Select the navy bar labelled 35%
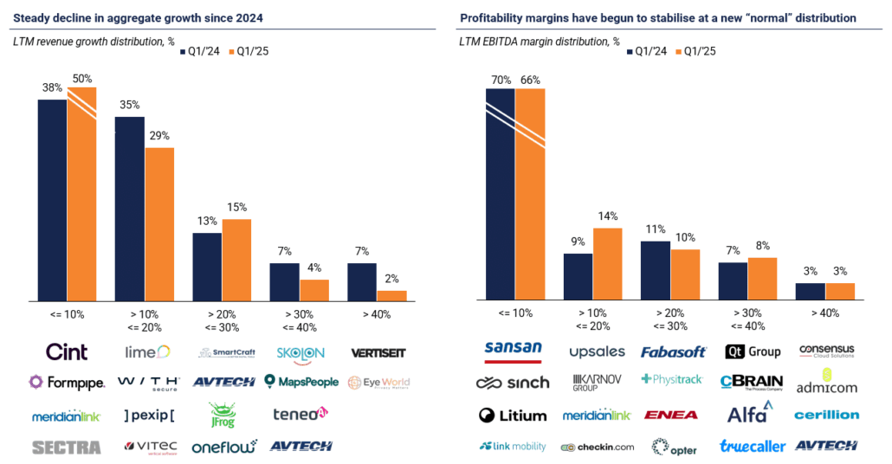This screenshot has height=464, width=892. (130, 209)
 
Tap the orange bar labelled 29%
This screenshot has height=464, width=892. (159, 224)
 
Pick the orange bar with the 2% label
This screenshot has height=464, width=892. (391, 295)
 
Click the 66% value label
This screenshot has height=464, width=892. (530, 80)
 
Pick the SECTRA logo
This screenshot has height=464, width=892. (66, 447)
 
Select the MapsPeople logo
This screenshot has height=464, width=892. (300, 382)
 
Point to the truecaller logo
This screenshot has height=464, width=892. (752, 447)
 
